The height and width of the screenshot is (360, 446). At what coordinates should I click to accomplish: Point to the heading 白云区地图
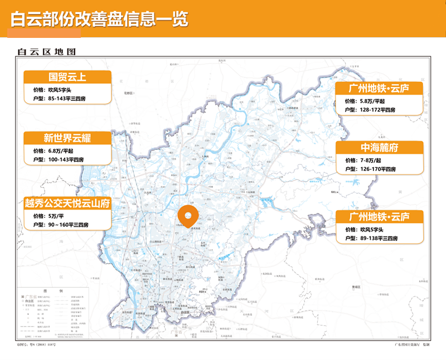pos(46,52)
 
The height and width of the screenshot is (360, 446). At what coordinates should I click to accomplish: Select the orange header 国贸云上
pos(67,77)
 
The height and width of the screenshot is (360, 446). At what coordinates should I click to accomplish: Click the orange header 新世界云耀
pos(67,138)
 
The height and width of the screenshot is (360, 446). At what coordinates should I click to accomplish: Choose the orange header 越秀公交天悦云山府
pos(67,203)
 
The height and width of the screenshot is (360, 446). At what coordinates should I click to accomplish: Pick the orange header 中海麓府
pos(379,148)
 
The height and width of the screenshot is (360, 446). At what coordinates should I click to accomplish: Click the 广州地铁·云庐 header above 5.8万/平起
pos(379,89)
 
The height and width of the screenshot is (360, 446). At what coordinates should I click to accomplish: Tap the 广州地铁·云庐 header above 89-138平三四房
pos(379,216)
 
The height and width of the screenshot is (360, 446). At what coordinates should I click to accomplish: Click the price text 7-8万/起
pos(372,160)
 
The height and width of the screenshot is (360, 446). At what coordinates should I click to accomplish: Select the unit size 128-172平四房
pos(381,110)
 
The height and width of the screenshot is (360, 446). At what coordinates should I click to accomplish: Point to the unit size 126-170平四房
pos(381,169)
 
